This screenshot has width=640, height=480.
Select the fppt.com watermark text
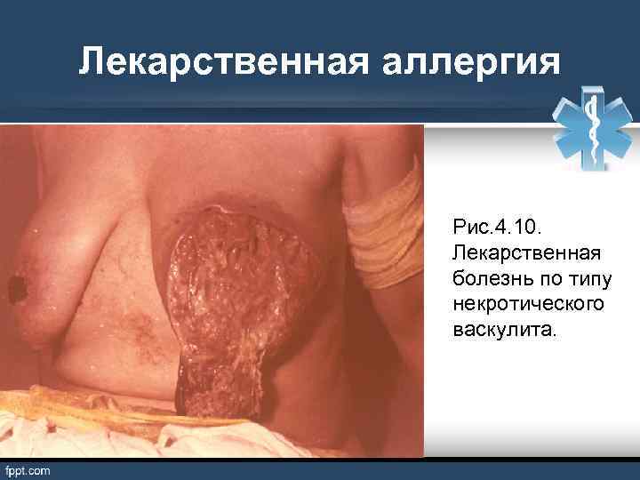point(28,469)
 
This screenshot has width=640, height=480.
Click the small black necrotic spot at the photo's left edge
point(16,287)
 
